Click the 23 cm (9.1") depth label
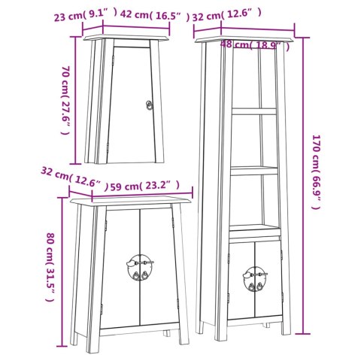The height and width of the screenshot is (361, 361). click(x=86, y=15)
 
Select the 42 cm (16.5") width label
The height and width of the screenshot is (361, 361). click(x=155, y=16)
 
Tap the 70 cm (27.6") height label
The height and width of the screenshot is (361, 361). click(x=65, y=100)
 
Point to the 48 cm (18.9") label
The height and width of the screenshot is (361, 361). click(x=255, y=45)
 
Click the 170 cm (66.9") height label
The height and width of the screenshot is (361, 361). click(x=317, y=172)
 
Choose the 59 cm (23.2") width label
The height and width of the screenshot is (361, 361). click(x=145, y=186)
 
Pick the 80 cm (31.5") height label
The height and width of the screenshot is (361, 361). click(x=50, y=267)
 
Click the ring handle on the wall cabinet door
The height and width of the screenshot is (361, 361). click(x=149, y=105)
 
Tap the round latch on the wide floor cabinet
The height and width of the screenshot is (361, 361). click(x=140, y=267)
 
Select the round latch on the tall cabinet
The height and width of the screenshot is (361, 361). click(x=255, y=279)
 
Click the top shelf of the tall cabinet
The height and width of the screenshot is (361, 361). click(x=253, y=111)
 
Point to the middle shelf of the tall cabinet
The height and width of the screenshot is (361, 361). click(x=254, y=171)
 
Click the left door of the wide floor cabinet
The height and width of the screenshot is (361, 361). click(x=121, y=268)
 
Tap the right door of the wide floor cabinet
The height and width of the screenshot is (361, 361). click(x=159, y=266)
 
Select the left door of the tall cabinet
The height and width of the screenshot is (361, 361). click(x=241, y=281)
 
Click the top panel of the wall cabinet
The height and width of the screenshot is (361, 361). click(x=126, y=38)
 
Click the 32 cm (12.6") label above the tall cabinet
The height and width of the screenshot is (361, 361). click(x=227, y=16)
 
